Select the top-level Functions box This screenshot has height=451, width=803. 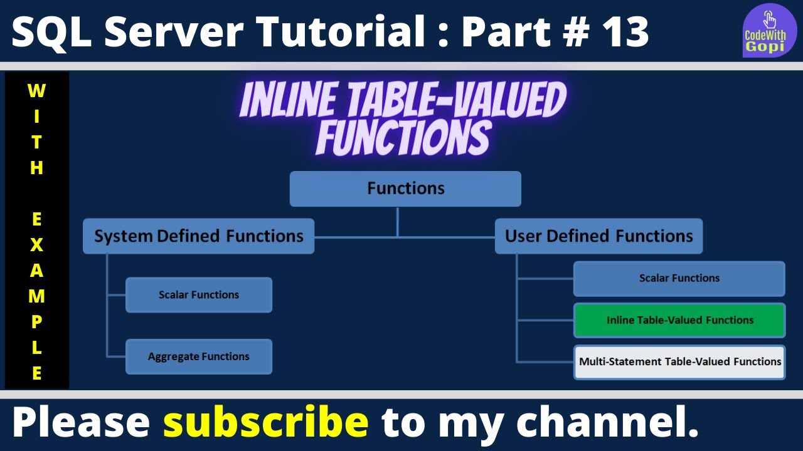coord(405,189)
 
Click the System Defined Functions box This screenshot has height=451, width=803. coord(198,236)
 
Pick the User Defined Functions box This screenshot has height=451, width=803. coord(598,236)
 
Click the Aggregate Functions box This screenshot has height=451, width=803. coord(199,356)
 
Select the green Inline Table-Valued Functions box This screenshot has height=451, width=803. coord(679,320)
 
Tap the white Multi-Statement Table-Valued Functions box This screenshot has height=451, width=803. coord(679,362)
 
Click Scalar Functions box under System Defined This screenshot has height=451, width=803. coord(199,295)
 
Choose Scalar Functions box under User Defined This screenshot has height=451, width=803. coord(679,278)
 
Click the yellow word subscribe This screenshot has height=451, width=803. coord(265,422)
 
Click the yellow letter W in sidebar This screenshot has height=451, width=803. coord(36,91)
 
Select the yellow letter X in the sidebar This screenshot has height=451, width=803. coord(36,245)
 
